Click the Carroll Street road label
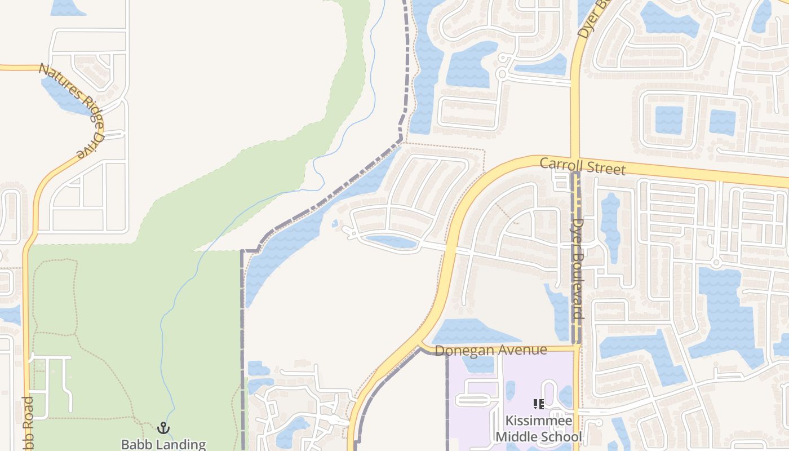tap(582, 166)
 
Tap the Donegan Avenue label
tap(491, 350)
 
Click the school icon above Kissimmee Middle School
tap(538, 404)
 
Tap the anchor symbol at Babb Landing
tap(163, 428)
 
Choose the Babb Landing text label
tap(163, 444)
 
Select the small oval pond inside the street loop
tap(390, 242)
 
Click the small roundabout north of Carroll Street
tap(502, 74)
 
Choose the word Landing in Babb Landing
tap(180, 444)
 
